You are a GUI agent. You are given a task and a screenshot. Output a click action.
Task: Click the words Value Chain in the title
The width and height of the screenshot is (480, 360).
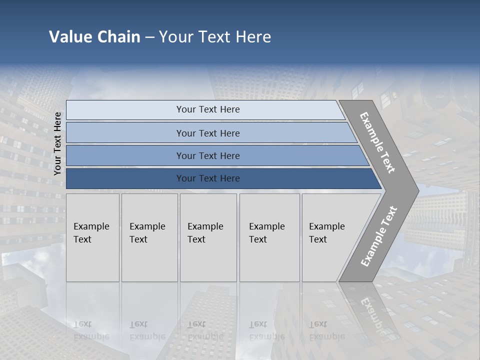94,37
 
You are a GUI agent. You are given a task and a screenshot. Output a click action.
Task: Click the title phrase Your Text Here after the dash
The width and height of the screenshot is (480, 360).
215,37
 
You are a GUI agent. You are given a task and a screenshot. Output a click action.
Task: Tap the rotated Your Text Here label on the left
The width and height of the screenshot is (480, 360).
58,143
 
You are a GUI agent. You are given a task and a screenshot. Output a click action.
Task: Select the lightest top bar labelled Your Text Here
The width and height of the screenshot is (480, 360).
207,110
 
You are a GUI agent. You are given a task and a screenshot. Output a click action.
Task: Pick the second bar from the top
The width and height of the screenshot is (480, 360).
207,133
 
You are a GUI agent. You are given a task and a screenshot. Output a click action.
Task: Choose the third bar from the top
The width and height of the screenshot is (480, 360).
207,156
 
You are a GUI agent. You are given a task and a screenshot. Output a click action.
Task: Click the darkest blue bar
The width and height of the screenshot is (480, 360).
207,178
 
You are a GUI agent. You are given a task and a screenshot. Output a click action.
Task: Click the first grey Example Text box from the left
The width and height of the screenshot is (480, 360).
92,237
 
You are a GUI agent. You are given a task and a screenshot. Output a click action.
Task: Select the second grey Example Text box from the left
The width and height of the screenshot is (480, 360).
149,237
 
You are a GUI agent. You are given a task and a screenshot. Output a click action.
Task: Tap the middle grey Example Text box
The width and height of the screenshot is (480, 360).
208,237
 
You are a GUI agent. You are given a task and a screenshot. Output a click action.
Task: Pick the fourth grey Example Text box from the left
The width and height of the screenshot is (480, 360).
269,237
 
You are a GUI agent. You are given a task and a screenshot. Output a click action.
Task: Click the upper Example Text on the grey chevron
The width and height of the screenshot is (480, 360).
378,142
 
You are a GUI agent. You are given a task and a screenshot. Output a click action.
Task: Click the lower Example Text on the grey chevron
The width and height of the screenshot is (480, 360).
378,236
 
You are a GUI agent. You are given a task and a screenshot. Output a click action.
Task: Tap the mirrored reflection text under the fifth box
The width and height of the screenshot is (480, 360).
326,330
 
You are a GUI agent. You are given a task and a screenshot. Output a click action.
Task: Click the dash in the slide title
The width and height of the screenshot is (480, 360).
149,37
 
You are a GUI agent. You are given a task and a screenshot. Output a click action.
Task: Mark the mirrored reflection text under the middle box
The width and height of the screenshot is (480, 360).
205,330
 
